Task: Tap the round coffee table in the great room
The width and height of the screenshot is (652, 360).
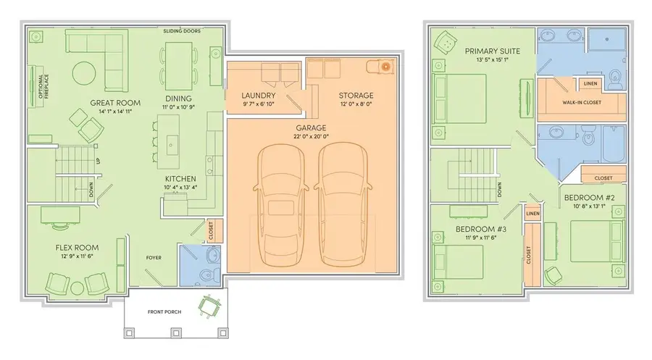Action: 85,72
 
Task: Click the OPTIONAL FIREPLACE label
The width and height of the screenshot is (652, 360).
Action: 33,86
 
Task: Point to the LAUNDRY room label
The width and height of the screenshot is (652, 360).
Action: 258,96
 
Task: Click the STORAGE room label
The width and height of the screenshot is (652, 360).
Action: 356,96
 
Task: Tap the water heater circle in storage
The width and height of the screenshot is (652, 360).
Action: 385,67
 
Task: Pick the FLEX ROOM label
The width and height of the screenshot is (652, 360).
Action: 77,248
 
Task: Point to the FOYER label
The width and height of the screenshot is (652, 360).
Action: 153,257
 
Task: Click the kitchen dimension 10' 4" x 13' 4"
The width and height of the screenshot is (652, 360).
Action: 180,188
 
